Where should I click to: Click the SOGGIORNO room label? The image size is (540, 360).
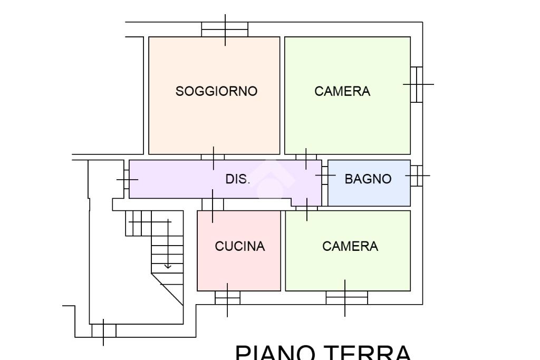216,91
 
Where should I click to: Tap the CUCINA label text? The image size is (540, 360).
239,246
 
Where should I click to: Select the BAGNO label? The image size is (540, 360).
368,179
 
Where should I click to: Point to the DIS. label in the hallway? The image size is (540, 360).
237,179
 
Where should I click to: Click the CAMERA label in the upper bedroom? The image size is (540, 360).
342,91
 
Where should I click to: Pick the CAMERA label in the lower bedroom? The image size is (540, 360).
350,246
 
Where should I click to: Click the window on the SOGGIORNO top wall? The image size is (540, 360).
225,30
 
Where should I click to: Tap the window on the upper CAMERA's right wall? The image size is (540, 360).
417,84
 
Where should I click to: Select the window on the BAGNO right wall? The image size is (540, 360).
416,176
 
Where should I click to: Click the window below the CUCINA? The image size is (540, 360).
227,298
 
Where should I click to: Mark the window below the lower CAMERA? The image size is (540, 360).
346,298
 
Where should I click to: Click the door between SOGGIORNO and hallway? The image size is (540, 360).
213,157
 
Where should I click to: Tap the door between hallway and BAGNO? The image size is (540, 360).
324,175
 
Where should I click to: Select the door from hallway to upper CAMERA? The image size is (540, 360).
306,157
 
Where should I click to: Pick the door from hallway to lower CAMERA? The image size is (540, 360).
306,207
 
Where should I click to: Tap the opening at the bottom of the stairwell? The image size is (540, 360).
103,330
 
